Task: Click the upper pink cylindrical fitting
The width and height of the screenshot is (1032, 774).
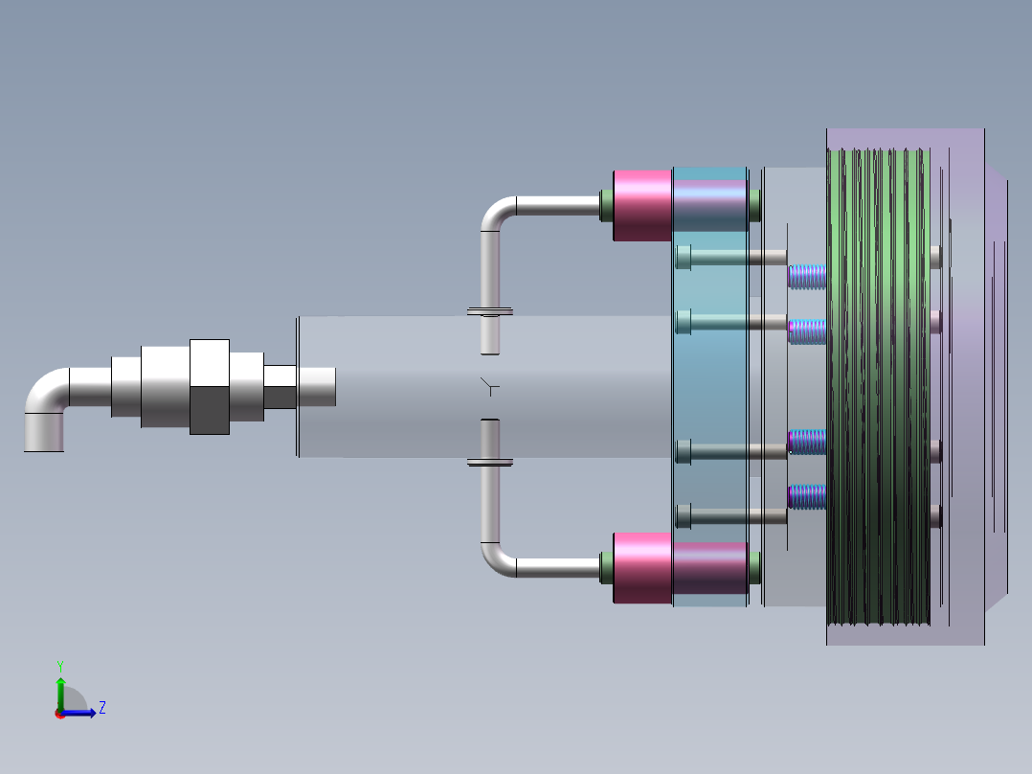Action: (641, 205)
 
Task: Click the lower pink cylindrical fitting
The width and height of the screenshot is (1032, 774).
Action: (641, 568)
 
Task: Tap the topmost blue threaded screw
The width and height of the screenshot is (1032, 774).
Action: (807, 277)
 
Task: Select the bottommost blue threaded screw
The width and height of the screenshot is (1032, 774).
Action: (807, 496)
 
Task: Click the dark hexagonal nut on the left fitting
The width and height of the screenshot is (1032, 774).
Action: (209, 410)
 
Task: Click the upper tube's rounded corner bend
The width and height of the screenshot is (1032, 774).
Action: (495, 213)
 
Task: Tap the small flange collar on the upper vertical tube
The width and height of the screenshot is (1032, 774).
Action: (490, 311)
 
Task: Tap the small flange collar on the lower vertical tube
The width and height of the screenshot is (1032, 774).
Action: (490, 463)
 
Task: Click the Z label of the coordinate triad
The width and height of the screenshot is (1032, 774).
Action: (101, 708)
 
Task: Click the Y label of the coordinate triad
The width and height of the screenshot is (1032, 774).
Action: (59, 665)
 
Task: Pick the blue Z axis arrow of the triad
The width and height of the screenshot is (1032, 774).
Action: (81, 713)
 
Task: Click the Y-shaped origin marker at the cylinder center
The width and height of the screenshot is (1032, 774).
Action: (489, 387)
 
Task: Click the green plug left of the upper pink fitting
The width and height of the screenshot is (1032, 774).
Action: (606, 205)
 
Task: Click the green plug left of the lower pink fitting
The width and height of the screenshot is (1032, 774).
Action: (606, 568)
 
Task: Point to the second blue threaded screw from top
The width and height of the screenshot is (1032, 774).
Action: (807, 331)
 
